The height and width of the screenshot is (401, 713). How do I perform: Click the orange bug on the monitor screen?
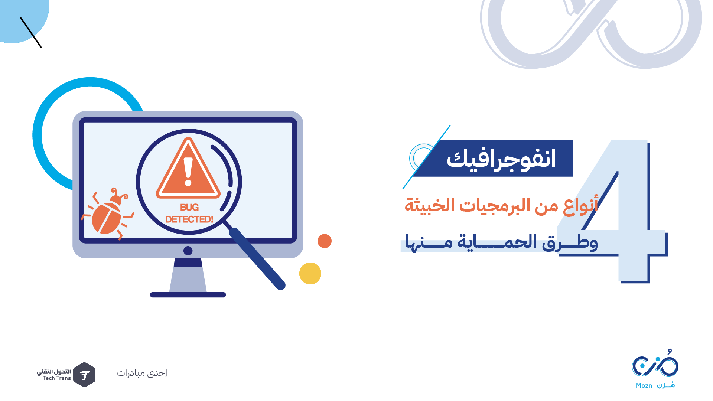coord(108,215)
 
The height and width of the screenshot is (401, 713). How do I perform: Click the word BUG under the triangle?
coord(189,207)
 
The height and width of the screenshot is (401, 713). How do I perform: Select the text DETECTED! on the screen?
coord(189,219)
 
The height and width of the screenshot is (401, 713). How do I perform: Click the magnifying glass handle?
coord(257,259)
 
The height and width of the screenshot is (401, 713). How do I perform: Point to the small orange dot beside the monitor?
coord(325,241)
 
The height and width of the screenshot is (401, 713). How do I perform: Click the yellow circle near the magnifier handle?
coord(310,274)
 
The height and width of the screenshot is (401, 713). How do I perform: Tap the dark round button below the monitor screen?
coord(188,251)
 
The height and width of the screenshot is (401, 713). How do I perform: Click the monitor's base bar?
coord(188,295)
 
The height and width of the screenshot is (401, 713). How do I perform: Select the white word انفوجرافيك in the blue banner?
coord(501,159)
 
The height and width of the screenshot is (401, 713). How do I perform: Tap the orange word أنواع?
coord(580,205)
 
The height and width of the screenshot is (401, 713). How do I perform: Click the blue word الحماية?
coord(497,242)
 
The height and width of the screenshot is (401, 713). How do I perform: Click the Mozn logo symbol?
coord(655,363)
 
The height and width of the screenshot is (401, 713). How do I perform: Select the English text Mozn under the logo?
coord(644,385)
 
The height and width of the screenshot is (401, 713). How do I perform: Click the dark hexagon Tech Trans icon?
coord(84,375)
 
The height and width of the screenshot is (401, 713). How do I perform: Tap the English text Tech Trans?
coord(57,378)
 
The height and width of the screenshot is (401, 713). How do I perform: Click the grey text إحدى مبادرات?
coord(142,373)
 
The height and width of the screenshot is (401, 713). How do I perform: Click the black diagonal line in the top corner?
coord(31,32)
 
